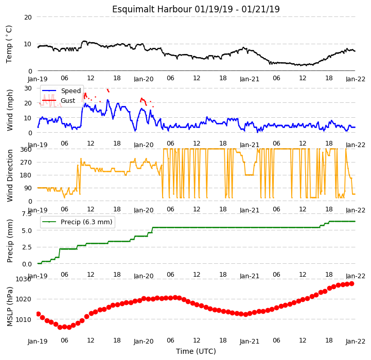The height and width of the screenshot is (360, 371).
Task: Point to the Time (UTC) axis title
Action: pos(196,351)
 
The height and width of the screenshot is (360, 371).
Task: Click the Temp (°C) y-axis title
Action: pos(9,44)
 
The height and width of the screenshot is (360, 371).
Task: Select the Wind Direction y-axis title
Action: pos(10,175)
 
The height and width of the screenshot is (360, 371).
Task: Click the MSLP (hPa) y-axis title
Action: pos(10,307)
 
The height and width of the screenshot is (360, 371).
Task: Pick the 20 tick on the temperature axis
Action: pos(28,17)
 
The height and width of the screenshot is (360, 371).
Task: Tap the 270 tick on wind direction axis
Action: pos(26,163)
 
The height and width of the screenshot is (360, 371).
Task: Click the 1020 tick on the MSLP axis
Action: pos(24,299)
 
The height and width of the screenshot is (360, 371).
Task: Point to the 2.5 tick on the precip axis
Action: pos(27,247)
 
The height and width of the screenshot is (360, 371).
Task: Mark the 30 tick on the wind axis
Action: pos(28,88)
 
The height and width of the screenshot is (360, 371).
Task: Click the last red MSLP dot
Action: pos(351,283)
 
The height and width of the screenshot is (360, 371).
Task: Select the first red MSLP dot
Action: pos(38,314)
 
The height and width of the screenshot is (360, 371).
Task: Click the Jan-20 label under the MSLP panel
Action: pos(144,341)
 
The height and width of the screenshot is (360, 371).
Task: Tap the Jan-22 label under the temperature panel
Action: pos(356,79)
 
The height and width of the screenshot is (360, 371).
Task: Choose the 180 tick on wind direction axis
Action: pos(26,175)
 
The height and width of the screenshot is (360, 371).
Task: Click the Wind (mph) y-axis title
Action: pos(10,110)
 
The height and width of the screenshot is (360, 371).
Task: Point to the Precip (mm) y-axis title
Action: pos(10,241)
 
